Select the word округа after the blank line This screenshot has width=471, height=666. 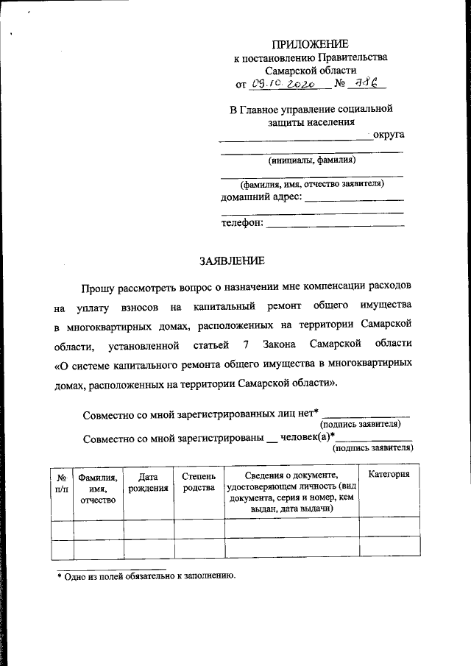[x=389, y=134]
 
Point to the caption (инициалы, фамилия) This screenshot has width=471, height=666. [x=312, y=160]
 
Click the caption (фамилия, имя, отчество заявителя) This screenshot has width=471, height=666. [x=313, y=184]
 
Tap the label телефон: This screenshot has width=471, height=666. [x=241, y=223]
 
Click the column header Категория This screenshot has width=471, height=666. [x=389, y=475]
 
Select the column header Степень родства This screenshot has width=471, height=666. [x=199, y=481]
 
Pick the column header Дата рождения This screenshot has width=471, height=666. [x=148, y=481]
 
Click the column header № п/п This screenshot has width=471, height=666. [x=62, y=482]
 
